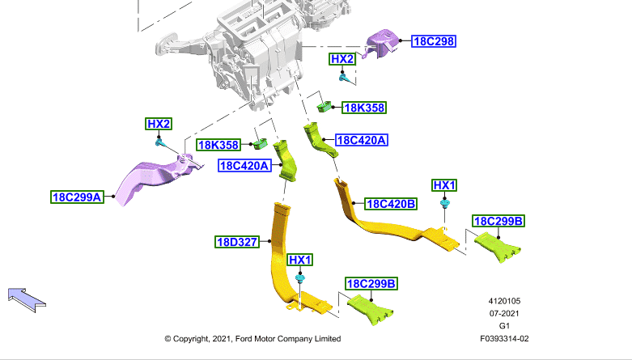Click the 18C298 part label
[x=434, y=41]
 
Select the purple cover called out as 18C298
[x=380, y=44]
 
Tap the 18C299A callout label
[x=77, y=197]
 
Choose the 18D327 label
[x=237, y=242]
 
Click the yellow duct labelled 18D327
[x=278, y=258]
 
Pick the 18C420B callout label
[x=391, y=204]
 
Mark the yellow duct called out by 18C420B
[x=387, y=227]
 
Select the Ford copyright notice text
[x=252, y=339]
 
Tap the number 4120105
[x=504, y=301]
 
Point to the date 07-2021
[x=504, y=314]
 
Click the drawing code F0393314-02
[x=504, y=339]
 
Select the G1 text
[x=504, y=326]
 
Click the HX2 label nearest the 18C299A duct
[x=159, y=124]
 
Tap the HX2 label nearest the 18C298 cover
[x=342, y=59]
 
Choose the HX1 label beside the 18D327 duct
[x=300, y=260]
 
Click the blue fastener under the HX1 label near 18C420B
[x=444, y=203]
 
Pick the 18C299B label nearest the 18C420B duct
[x=498, y=222]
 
